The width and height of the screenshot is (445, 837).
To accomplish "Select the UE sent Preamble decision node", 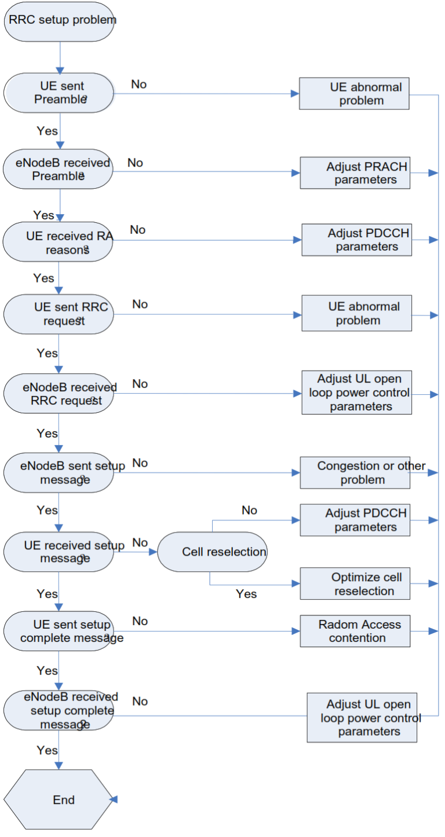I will pos(59,93).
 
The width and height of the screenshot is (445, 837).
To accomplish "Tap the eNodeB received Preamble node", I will pos(59,169).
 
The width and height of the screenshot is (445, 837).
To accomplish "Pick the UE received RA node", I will pos(57,242).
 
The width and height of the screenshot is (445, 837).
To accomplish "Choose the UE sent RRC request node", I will pos(59,314).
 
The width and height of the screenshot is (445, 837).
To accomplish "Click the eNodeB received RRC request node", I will pos(59,394).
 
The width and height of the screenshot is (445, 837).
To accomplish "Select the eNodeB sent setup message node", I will pos(59,472).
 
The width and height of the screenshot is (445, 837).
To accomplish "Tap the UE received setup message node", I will pos(59,552).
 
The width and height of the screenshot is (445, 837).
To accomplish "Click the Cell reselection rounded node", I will pos(213,552).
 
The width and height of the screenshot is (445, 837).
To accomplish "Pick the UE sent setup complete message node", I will pos(59,631).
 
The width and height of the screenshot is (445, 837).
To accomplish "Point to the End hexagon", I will pos(59,799).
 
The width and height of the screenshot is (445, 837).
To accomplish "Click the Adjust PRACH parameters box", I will pos(355,172).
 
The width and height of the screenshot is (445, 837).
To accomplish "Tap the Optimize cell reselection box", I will pos(355,583).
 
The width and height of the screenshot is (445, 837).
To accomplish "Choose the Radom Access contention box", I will pos(355,631).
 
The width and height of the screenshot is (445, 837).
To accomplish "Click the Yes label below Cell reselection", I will pos(246,594).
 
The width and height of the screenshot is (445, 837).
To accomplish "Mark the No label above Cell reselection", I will pos(249,510).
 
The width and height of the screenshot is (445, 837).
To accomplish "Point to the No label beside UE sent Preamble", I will pos(139,85).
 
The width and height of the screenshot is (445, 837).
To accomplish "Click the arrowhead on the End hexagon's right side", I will pos(114,799).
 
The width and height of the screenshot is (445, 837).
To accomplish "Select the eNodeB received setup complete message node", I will pos(59,711).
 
